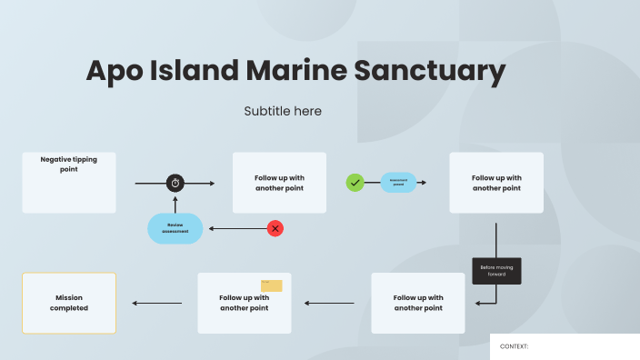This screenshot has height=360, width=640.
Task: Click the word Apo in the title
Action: coord(114,71)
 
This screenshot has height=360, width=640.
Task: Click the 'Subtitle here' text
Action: coord(283,111)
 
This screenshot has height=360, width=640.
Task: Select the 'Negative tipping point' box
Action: coord(69,183)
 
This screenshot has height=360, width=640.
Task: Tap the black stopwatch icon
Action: coord(175,183)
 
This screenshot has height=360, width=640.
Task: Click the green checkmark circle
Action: coord(355,183)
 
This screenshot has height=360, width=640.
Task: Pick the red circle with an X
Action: coord(275,228)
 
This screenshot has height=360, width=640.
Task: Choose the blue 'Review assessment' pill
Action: coord(175,228)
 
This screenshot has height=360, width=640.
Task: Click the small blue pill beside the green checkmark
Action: coord(398,183)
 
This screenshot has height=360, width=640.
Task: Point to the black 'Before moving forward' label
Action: coord(496,271)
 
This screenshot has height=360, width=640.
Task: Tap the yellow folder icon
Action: coord(272,285)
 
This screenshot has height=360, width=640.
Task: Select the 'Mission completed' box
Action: coord(69,303)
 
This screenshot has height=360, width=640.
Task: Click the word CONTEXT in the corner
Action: coord(515,346)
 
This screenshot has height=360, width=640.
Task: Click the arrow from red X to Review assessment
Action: coord(236,228)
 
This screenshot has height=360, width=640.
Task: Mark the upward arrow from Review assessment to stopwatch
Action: coord(175,203)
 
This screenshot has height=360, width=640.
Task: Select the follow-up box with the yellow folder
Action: coord(245,303)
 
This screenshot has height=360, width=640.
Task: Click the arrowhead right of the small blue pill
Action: coord(424,183)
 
